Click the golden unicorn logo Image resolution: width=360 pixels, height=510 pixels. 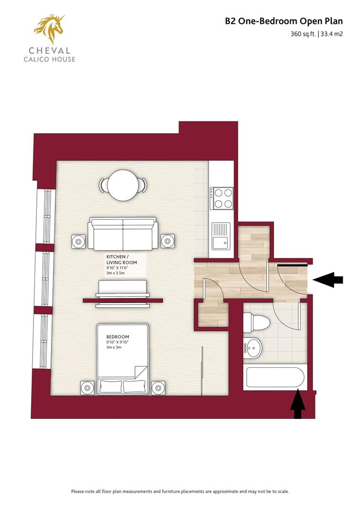pyautogui.click(x=49, y=29)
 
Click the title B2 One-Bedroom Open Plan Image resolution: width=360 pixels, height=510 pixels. pyautogui.click(x=284, y=21)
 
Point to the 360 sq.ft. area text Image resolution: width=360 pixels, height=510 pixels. pyautogui.click(x=303, y=34)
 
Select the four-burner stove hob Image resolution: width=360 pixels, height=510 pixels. pyautogui.click(x=222, y=198)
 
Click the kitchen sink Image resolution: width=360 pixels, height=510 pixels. pyautogui.click(x=220, y=236)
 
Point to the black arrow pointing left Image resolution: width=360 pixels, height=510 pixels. pyautogui.click(x=328, y=280)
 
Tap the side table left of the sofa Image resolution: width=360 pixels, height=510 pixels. pyautogui.click(x=78, y=242)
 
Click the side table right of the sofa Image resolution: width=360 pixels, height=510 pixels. pyautogui.click(x=167, y=241)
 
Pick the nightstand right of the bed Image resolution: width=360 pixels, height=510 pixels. pyautogui.click(x=158, y=388)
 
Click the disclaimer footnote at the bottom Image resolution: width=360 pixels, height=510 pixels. pyautogui.click(x=180, y=491)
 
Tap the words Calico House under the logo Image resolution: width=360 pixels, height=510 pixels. pyautogui.click(x=49, y=59)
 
